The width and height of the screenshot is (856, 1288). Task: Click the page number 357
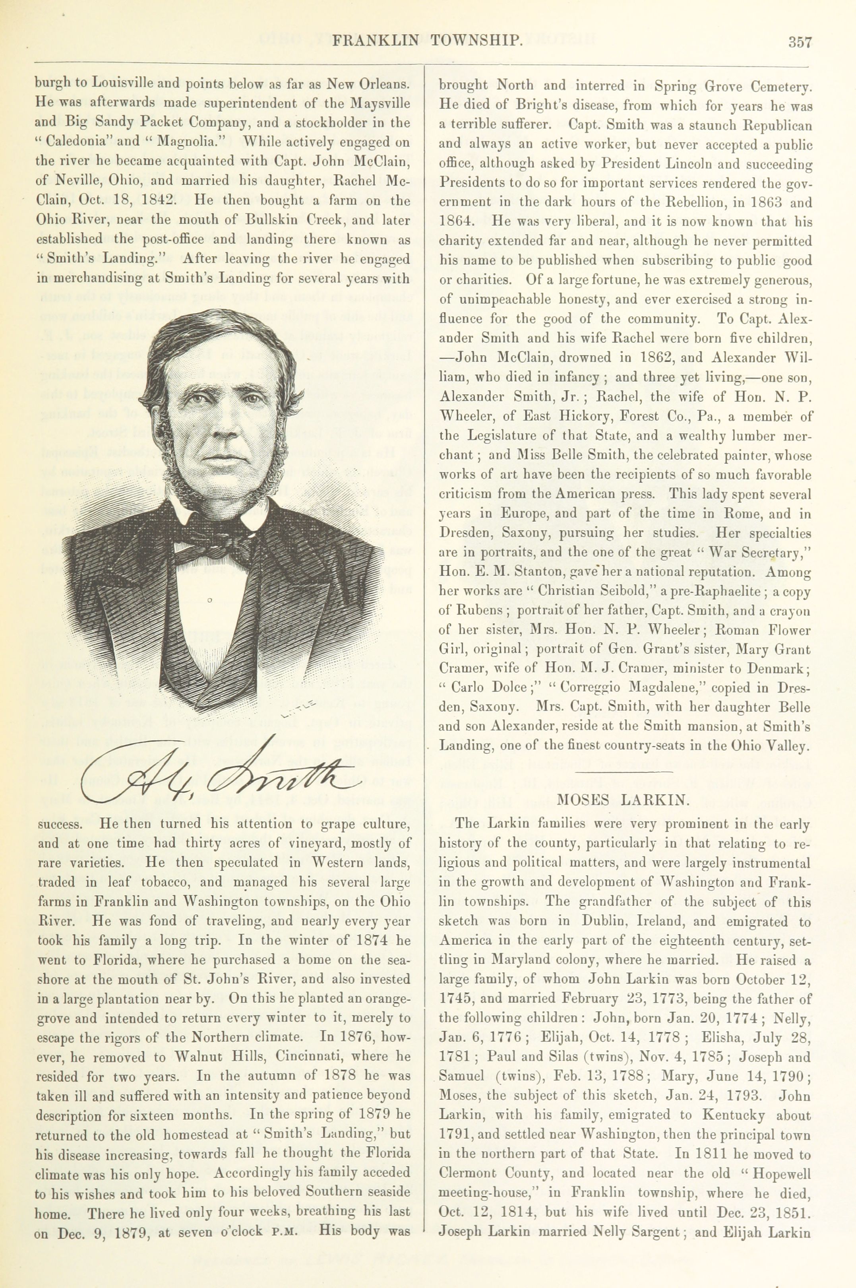coord(800,42)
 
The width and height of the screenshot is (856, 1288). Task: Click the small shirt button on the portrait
coord(210,601)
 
